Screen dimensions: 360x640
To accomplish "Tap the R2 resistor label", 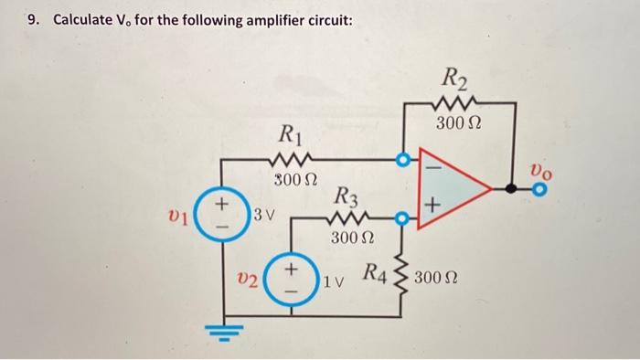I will tap(453, 78).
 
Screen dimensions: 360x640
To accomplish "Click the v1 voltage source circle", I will tap(221, 219).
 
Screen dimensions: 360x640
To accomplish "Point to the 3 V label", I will tap(263, 217).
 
